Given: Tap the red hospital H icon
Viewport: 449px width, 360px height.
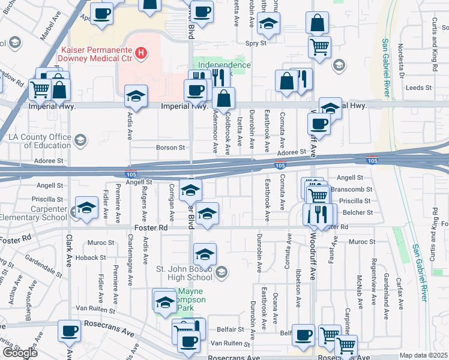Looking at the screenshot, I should pos(140,53).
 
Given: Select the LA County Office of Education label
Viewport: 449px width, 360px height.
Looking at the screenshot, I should pos(40,141).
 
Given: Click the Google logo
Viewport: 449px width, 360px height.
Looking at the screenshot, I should pos(20,353).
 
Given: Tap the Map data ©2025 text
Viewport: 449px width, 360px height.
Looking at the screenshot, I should pos(424,355).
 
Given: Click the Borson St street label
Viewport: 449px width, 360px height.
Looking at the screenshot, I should pos(170,147).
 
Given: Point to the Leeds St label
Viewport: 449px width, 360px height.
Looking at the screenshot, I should pos(415,87).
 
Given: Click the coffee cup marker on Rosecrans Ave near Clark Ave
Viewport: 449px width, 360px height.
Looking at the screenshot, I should pos(69,330).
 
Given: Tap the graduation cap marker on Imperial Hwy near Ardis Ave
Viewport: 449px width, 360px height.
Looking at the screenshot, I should pos(136,96).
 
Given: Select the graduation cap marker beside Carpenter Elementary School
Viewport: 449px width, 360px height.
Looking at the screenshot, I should pos(86,208).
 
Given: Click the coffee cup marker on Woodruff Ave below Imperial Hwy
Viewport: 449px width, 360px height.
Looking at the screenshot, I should pos(319,124).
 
